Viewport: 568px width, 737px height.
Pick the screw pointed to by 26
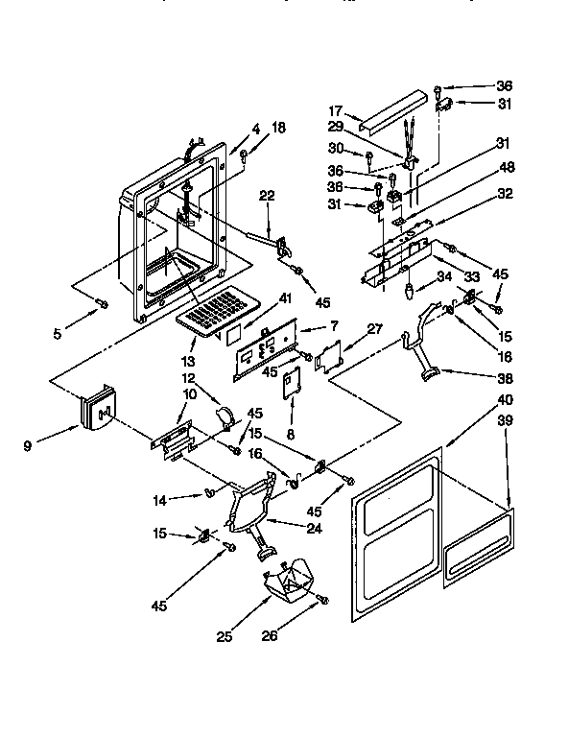323,600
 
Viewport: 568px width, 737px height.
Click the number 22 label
267,196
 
